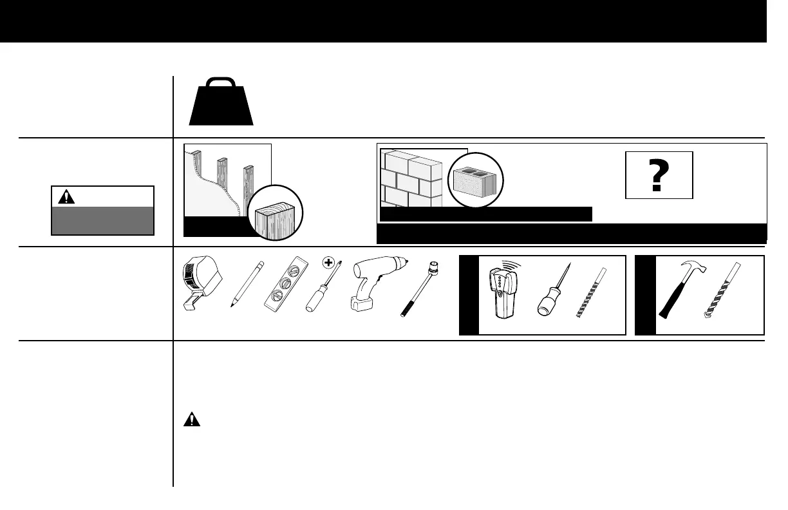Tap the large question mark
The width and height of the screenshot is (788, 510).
click(658, 176)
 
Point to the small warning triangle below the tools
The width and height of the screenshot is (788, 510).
click(191, 420)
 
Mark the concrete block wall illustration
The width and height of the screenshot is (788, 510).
click(410, 178)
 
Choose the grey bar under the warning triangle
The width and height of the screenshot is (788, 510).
click(102, 220)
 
